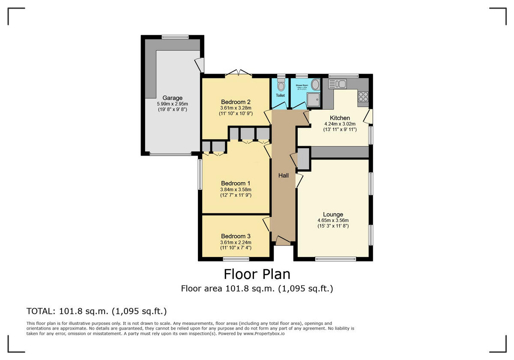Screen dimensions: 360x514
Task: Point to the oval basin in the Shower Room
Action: [315, 84]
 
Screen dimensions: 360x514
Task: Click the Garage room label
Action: [172, 98]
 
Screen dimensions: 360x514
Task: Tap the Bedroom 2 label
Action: [235, 102]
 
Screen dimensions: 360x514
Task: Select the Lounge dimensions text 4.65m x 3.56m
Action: [333, 220]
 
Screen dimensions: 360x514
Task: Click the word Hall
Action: [284, 175]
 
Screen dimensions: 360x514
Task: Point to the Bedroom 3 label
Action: [236, 236]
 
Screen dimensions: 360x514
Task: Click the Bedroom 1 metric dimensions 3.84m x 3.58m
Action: [236, 189]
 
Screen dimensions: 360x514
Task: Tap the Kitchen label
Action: [340, 118]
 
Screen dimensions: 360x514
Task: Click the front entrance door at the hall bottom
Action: [283, 240]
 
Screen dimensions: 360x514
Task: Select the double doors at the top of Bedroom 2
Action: [239, 73]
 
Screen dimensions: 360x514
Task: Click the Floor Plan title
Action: [257, 274]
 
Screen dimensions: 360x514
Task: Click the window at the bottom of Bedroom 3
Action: [236, 258]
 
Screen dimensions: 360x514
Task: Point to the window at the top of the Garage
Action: [175, 37]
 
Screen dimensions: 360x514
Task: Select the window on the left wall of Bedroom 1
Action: [200, 174]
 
